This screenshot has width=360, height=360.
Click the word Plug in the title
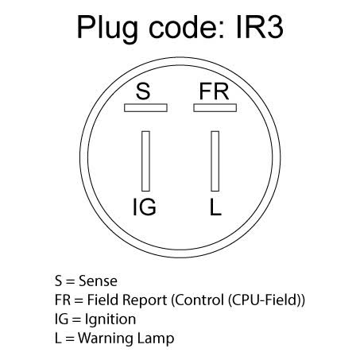coord(107,29)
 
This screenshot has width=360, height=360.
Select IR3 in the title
coord(260,27)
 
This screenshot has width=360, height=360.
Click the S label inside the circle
coord(143,91)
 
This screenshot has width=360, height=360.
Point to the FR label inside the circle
coord(214,91)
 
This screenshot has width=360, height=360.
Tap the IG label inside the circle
coord(145,207)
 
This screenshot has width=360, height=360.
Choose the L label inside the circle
coord(215,207)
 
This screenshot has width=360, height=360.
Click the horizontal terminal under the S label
coord(145,108)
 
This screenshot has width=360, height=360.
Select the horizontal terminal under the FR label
coord(215,108)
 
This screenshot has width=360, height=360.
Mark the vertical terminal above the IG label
coord(145,161)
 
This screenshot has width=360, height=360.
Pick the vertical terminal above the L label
coord(215,161)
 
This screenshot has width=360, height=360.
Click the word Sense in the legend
coord(98,281)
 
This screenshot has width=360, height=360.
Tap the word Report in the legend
coord(145,300)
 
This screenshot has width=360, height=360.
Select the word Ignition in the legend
coord(110,319)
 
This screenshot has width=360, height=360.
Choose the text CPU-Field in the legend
coord(264,300)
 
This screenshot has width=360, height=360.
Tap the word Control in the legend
coord(199,300)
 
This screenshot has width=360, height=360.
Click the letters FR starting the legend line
coord(63,300)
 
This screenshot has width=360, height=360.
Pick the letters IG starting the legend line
coord(61,319)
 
